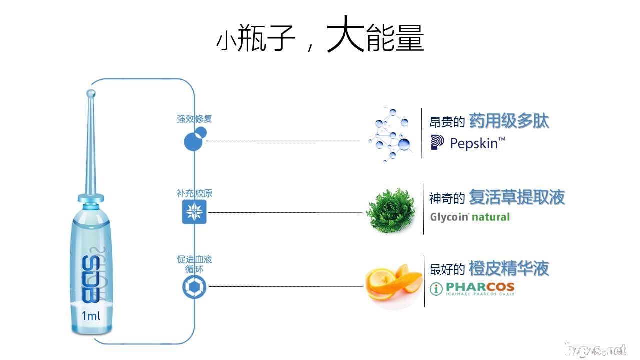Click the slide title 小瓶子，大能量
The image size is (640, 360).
320,36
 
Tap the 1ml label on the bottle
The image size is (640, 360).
91,315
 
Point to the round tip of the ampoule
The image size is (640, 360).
91,93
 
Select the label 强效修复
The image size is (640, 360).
194,119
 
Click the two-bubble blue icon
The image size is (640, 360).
195,139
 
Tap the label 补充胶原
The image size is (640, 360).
194,194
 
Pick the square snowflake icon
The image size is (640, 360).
194,213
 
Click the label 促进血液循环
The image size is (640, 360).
194,264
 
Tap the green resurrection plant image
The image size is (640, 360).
391,210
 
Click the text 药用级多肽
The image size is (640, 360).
509,121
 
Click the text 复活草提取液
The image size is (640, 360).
517,197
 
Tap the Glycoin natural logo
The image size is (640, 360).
470,217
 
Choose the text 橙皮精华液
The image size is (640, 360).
509,269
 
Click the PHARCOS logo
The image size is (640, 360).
473,288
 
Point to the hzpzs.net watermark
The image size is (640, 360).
595,349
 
